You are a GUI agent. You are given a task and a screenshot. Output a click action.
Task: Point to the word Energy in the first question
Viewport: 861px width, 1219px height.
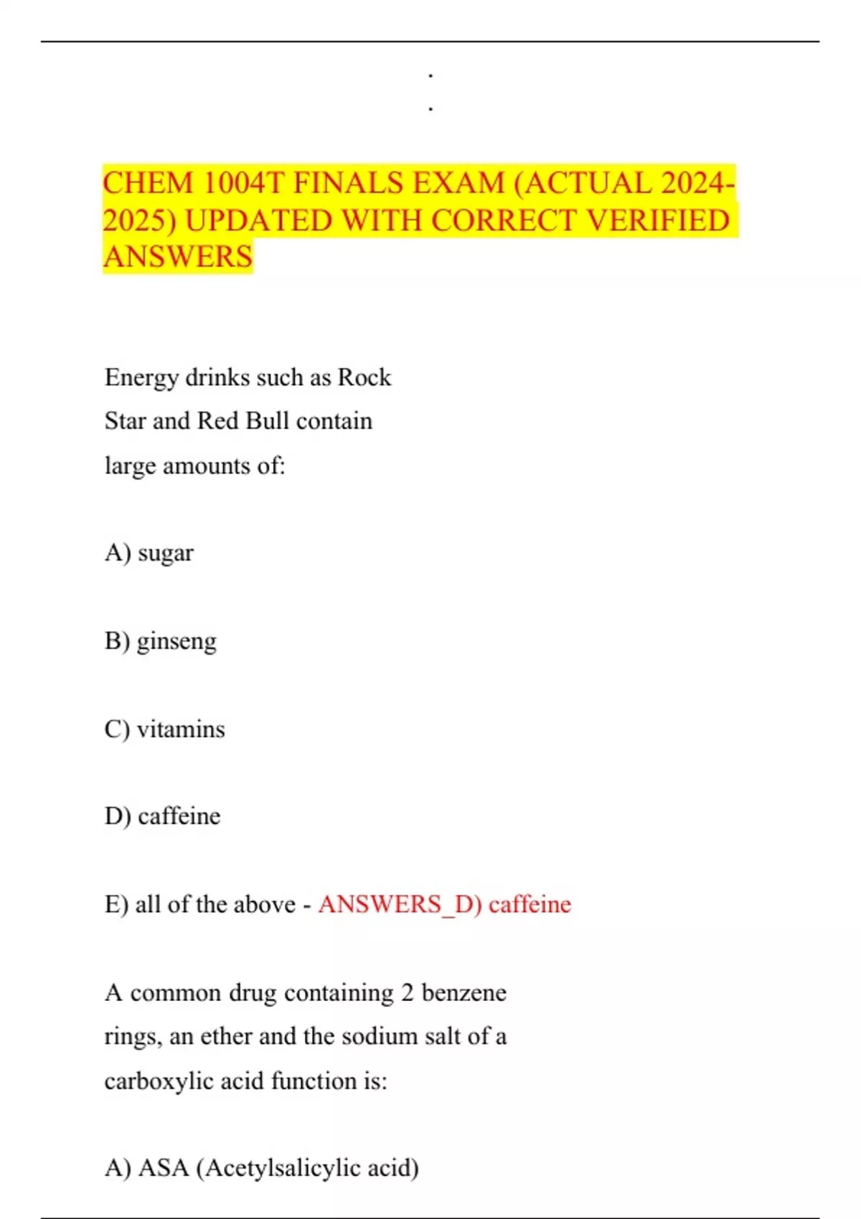pyautogui.click(x=141, y=378)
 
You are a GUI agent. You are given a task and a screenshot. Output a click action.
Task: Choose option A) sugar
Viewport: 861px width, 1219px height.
pyautogui.click(x=149, y=553)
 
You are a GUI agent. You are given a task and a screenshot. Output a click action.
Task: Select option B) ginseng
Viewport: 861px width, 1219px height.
pyautogui.click(x=161, y=641)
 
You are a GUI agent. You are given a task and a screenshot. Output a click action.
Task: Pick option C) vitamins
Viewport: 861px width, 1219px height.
pyautogui.click(x=165, y=729)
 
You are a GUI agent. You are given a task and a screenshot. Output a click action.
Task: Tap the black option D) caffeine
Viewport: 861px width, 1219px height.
pyautogui.click(x=163, y=816)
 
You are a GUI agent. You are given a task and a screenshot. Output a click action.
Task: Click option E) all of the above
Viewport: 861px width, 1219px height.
pyautogui.click(x=200, y=904)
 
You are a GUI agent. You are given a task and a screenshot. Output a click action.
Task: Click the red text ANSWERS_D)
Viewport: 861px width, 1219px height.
pyautogui.click(x=400, y=904)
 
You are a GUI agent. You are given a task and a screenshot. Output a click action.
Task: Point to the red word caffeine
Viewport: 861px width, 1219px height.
pyautogui.click(x=530, y=904)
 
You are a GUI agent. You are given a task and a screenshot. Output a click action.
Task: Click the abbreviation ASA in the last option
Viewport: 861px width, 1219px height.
pyautogui.click(x=163, y=1168)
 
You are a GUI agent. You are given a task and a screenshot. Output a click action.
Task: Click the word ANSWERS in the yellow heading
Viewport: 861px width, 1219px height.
pyautogui.click(x=178, y=257)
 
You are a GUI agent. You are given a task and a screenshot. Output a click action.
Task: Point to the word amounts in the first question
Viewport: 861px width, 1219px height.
pyautogui.click(x=207, y=466)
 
